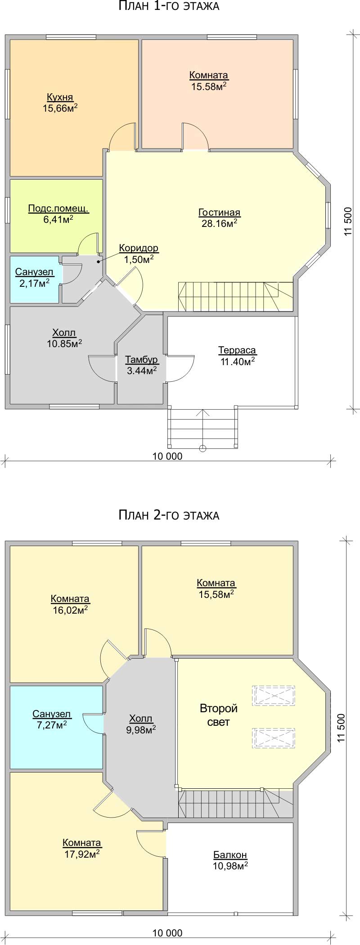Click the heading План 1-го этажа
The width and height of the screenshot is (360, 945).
(169, 6)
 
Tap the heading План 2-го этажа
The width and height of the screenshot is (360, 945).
(169, 515)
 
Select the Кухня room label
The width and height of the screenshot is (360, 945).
(60, 97)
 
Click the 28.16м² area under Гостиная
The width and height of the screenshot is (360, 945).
(220, 223)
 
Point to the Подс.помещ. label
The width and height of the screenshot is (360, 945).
(58, 208)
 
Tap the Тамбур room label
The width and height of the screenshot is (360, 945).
(141, 360)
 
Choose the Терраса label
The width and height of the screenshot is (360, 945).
(237, 350)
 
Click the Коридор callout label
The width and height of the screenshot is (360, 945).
(139, 248)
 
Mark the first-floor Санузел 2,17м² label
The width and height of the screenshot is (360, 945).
(34, 277)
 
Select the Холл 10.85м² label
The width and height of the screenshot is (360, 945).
(64, 338)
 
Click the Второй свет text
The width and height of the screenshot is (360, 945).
(219, 715)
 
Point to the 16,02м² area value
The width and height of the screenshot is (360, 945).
(70, 610)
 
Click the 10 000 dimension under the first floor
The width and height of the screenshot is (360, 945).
(167, 457)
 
